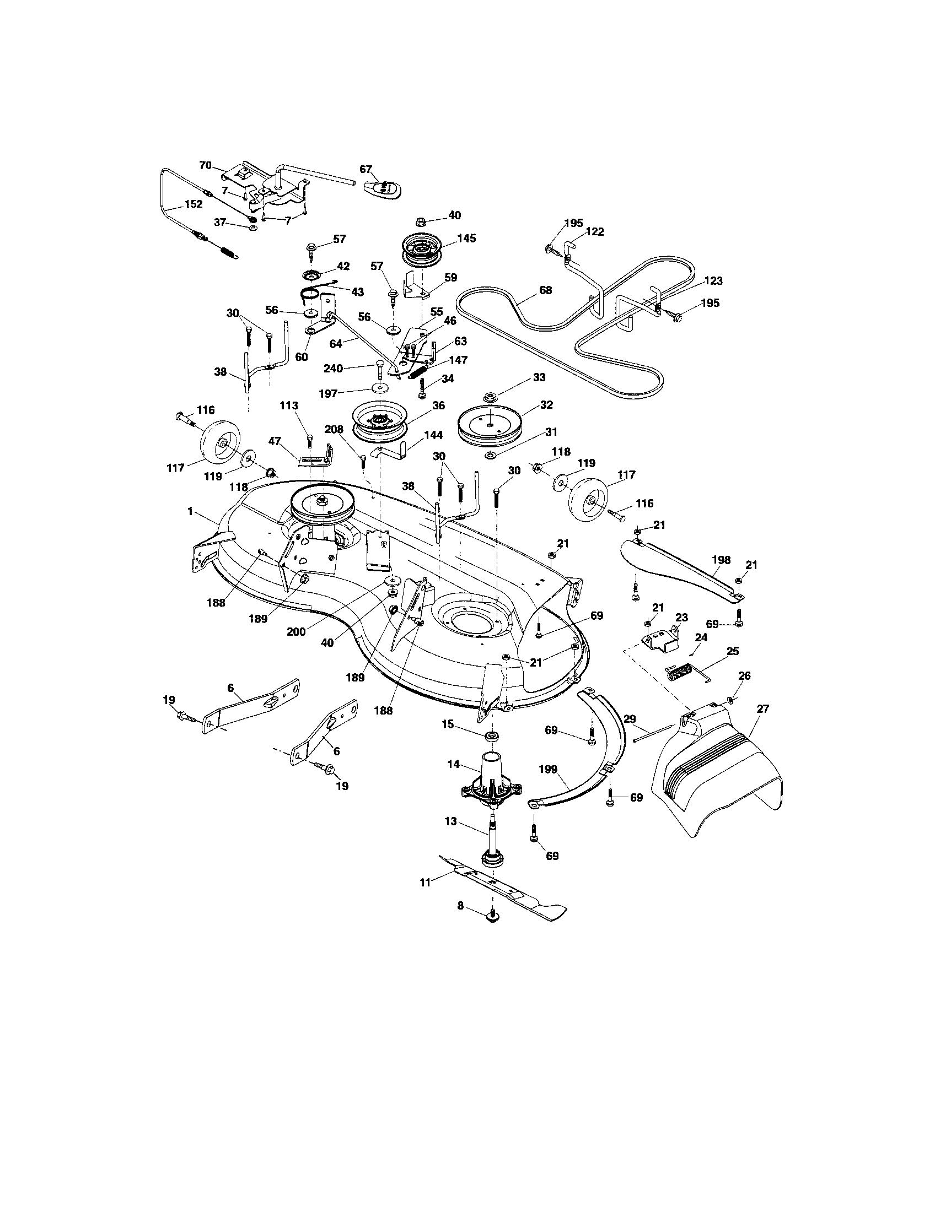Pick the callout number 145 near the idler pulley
466,239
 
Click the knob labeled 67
383,188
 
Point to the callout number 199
548,770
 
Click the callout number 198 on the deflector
722,560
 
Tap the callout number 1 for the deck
190,511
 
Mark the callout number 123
713,281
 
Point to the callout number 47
274,441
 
